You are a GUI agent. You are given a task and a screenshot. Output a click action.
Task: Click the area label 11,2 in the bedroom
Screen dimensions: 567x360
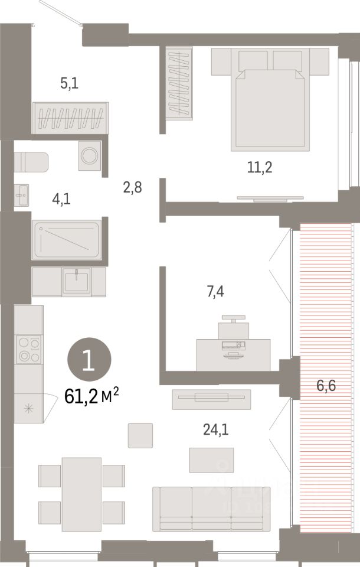260,168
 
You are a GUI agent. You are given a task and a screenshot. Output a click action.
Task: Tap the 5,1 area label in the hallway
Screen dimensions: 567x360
69,83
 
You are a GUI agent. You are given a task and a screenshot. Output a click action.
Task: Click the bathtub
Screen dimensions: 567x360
67,239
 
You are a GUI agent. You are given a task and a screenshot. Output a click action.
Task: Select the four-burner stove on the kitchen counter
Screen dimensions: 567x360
28,349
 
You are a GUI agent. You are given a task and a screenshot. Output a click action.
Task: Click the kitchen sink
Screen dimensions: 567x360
77,280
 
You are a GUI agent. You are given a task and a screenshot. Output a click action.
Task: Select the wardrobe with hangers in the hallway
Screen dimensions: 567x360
71,118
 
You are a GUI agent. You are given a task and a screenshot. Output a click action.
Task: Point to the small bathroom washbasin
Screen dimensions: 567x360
22,194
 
